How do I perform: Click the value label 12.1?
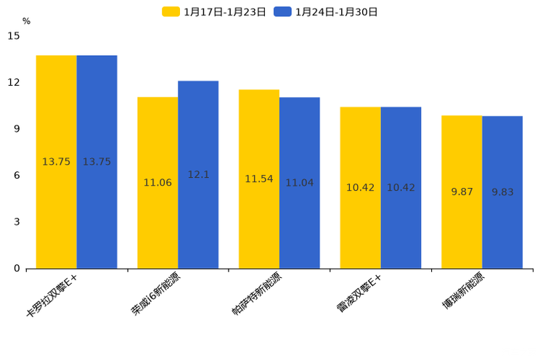click(x=198, y=175)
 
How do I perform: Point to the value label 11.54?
click(x=259, y=179)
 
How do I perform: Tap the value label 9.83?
click(x=502, y=192)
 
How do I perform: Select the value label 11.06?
click(x=157, y=183)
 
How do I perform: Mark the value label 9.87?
click(x=462, y=192)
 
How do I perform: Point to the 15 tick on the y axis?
click(x=13, y=36)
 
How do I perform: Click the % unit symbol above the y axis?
click(x=26, y=22)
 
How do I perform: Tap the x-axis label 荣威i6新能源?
click(x=155, y=295)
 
